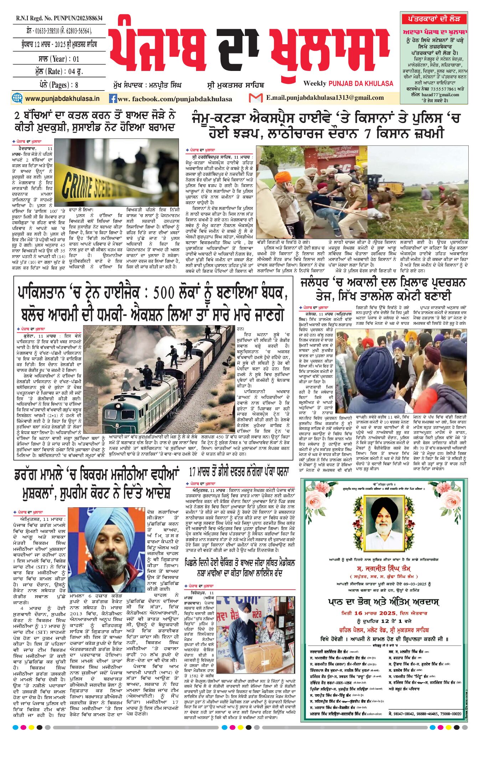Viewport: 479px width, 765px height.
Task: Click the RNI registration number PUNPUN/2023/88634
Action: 59,18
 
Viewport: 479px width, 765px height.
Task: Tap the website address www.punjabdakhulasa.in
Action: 62,98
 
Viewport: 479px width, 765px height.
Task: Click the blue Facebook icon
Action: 113,99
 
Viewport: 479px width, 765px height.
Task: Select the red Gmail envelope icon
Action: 256,98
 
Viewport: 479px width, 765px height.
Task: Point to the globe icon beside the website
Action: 17,98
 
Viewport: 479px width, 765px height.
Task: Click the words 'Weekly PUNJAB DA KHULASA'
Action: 348,83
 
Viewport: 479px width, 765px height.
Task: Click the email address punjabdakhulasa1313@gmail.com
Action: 325,98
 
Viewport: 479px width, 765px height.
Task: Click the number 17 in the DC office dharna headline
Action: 193,472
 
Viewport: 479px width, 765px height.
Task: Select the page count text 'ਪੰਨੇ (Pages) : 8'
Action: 59,85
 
